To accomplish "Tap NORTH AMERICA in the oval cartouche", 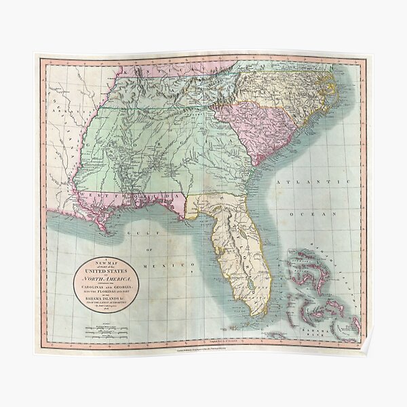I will [x=106, y=278].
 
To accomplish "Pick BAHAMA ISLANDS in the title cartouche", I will [x=106, y=296].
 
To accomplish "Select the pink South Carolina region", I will [x=258, y=129].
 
